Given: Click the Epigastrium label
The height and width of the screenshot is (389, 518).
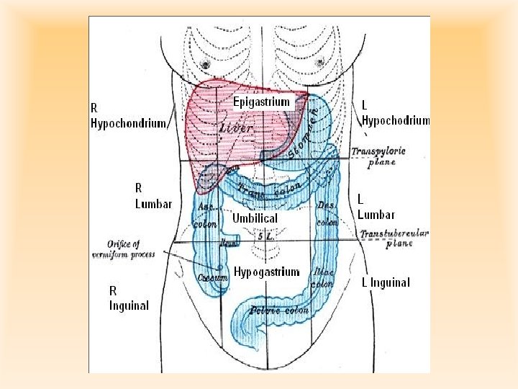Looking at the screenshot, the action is pos(261,102).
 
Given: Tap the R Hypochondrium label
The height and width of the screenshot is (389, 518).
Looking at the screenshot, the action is pos(127,115).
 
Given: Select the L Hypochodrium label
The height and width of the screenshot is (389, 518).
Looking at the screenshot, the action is pos(395,113).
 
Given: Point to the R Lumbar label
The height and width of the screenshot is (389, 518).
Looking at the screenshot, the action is pos(153,195).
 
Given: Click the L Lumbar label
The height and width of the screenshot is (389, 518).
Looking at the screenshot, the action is pos(376,206).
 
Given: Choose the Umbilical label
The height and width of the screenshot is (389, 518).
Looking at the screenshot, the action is pos(255,218).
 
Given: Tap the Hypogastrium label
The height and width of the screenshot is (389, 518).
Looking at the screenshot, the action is pos(266,272).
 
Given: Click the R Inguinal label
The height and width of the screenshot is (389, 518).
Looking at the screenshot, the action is pos(129,298).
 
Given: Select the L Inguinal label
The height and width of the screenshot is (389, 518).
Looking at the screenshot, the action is pos(386,282).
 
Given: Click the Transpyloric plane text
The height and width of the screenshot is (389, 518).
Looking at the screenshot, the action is pos(379,156).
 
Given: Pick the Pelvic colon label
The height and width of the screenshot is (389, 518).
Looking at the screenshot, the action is pos(279,310).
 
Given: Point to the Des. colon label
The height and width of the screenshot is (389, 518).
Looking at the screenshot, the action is pos(327,213).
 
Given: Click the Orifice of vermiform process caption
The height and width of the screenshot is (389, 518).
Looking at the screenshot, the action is pos(123,249).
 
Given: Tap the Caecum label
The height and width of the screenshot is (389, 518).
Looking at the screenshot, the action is pos(214,278).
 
